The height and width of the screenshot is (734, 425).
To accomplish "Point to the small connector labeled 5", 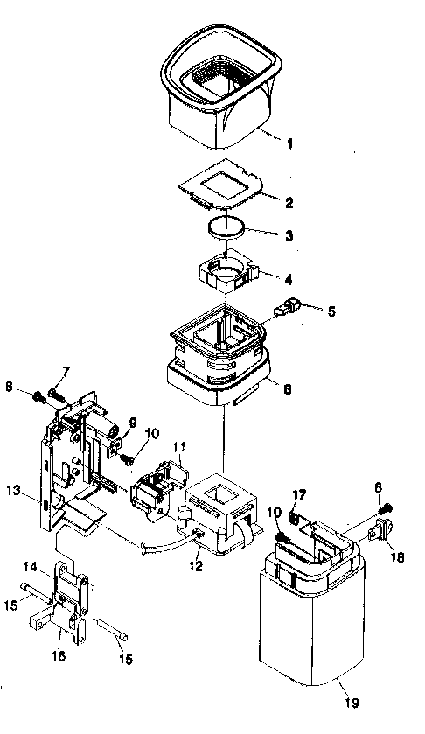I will (x=288, y=309).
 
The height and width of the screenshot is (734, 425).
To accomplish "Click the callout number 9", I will (x=133, y=422).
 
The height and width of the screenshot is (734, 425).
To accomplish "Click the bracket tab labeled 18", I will (x=381, y=530).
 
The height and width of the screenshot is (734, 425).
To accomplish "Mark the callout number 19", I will (x=352, y=702).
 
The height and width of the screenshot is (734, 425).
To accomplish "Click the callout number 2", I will (x=288, y=202).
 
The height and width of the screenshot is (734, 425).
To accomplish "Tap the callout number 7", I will (x=65, y=373).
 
